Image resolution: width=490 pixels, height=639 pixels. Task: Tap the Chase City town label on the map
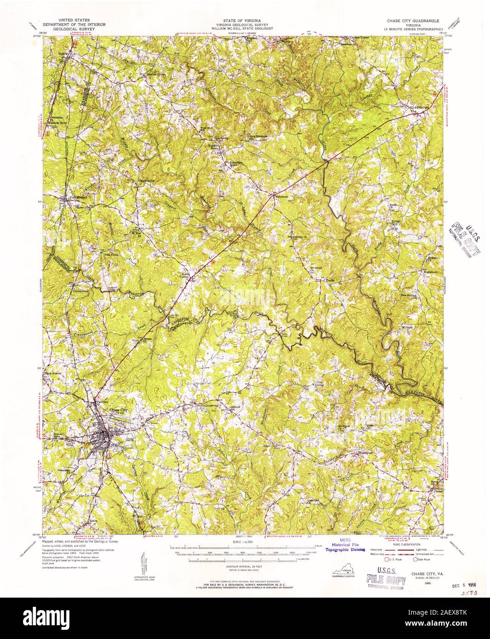(117, 410)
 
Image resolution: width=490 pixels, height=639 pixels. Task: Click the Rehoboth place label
(281, 196)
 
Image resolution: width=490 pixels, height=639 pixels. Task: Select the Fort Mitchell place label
(72, 197)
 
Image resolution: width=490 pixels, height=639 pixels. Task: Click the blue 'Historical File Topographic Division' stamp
(345, 546)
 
